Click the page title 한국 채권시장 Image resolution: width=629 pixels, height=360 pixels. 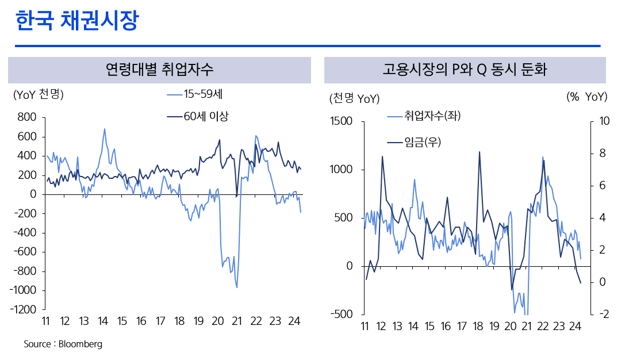point(77,21)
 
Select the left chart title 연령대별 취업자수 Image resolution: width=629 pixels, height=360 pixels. point(159,70)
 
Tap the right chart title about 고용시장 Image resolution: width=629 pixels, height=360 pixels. point(465,70)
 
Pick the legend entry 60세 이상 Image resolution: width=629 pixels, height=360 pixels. point(206,117)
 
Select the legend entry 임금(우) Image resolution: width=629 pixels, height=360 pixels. point(423,142)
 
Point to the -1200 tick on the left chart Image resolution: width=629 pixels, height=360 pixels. point(24,309)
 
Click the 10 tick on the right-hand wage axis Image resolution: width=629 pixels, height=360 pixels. point(604,121)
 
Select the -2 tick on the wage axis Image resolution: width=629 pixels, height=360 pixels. point(603,314)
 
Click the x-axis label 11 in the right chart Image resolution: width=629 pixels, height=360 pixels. point(365,327)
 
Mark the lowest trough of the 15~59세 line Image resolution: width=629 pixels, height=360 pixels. point(237,287)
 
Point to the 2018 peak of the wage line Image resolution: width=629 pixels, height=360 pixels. point(480,152)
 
